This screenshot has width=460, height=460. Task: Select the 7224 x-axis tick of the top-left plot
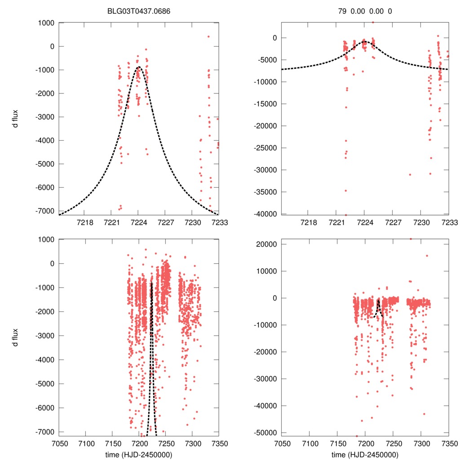click(x=138, y=223)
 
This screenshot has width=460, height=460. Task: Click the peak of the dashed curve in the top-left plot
click(x=138, y=67)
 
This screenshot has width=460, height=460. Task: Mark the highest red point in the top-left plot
click(x=208, y=36)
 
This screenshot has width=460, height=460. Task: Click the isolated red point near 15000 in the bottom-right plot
click(x=427, y=256)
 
